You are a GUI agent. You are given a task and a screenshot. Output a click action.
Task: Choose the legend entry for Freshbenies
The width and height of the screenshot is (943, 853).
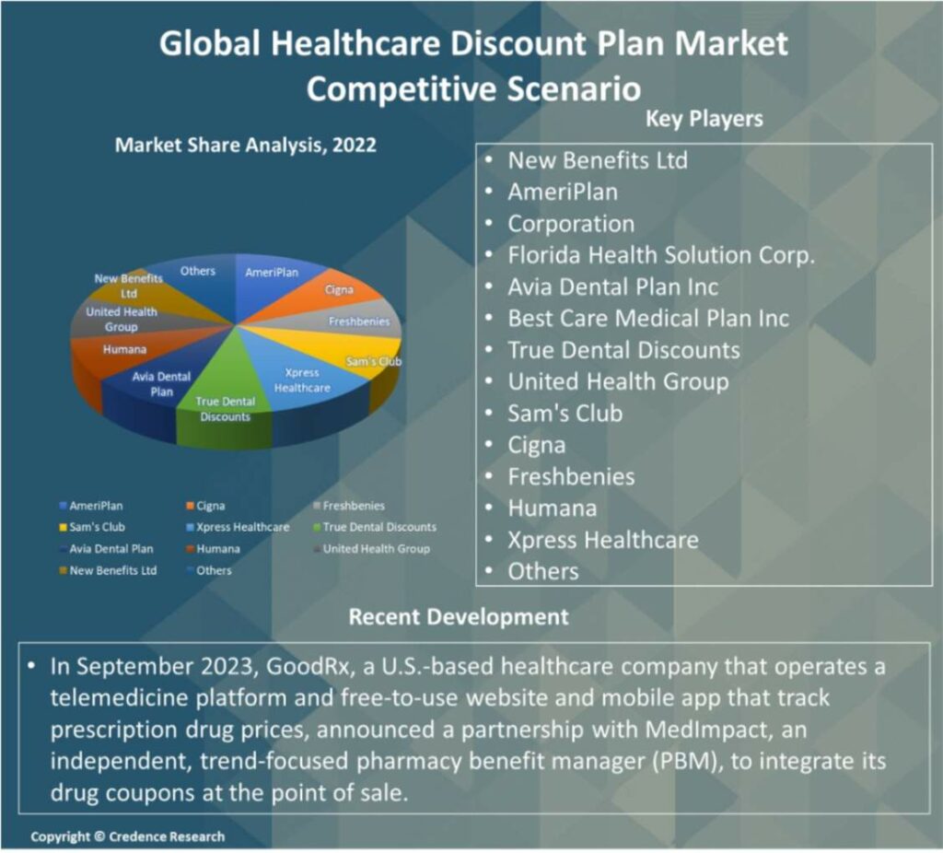pos(354,506)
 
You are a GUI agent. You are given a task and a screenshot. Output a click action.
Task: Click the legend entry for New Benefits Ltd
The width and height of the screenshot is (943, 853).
pos(112,570)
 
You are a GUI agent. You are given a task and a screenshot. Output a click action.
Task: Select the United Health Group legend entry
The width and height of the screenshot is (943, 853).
pos(375,548)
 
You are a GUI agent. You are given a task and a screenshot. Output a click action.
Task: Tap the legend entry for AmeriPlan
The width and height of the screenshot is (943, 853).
pos(96,506)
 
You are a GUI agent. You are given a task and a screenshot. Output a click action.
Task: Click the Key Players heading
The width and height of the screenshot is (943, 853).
pos(704,119)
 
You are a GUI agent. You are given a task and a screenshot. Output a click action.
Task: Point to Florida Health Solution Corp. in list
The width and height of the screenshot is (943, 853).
pos(661,255)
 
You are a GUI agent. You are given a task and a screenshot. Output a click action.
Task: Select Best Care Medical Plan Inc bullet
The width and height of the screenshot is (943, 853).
pos(648,319)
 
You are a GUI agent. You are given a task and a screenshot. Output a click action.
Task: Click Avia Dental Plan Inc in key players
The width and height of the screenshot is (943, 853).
pos(613,286)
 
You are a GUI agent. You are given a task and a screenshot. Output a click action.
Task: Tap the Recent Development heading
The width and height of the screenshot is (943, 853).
pos(458,616)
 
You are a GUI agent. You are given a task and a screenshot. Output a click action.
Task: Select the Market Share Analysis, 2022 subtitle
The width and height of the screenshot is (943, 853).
pos(245,146)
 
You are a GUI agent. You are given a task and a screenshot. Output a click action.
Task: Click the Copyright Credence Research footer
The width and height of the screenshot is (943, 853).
pos(127,836)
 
